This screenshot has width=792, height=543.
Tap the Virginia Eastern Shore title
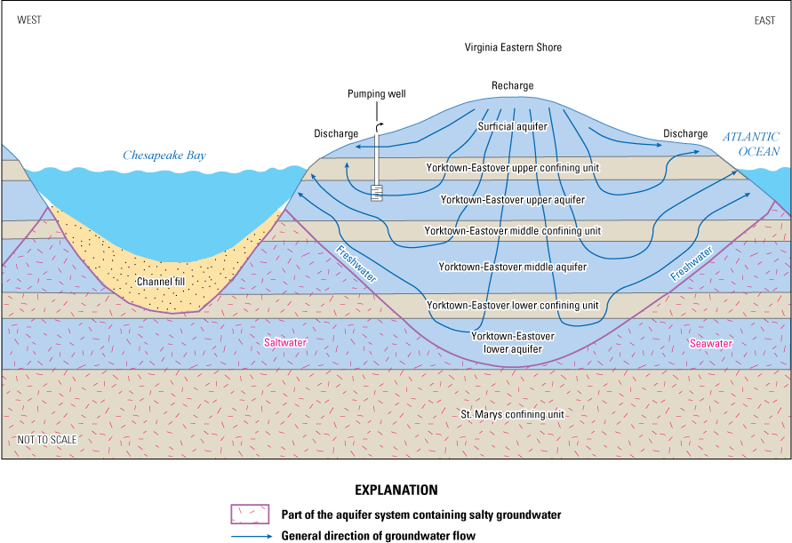pyautogui.click(x=513, y=47)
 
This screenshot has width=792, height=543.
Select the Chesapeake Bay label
pyautogui.click(x=164, y=156)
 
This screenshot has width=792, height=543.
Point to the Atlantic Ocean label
pyautogui.click(x=750, y=144)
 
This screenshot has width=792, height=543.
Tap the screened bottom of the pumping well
pyautogui.click(x=377, y=191)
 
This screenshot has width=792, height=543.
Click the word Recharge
pyautogui.click(x=513, y=86)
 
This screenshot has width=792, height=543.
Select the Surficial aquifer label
pyautogui.click(x=512, y=127)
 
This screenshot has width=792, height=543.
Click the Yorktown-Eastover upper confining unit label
pyautogui.click(x=514, y=167)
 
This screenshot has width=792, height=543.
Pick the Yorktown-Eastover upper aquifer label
pyautogui.click(x=513, y=200)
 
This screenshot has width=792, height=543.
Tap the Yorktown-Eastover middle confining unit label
pyautogui.click(x=513, y=231)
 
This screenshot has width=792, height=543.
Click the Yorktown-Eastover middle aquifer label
pyautogui.click(x=513, y=266)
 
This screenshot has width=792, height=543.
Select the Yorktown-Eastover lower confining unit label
pyautogui.click(x=513, y=306)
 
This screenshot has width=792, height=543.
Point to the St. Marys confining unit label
pyautogui.click(x=513, y=414)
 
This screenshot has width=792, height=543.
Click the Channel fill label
pyautogui.click(x=161, y=283)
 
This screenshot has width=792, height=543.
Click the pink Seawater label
pyautogui.click(x=710, y=342)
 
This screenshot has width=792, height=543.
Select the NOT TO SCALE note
pyautogui.click(x=47, y=440)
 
